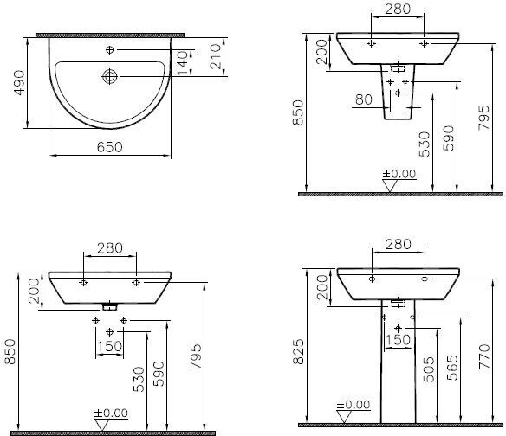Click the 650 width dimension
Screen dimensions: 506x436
pos(110,147)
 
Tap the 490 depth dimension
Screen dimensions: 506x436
pos(19,83)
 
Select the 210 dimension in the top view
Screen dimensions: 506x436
pos(216,56)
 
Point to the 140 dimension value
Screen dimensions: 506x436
pos(183,62)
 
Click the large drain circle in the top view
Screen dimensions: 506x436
pos(110,76)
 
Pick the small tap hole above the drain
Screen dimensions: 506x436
pos(110,49)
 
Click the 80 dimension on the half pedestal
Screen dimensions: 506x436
pos(364,99)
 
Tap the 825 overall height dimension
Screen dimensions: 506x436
pos(299,351)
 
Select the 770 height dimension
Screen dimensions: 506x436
pos(484,356)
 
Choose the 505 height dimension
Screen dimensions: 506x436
pos(429,369)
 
